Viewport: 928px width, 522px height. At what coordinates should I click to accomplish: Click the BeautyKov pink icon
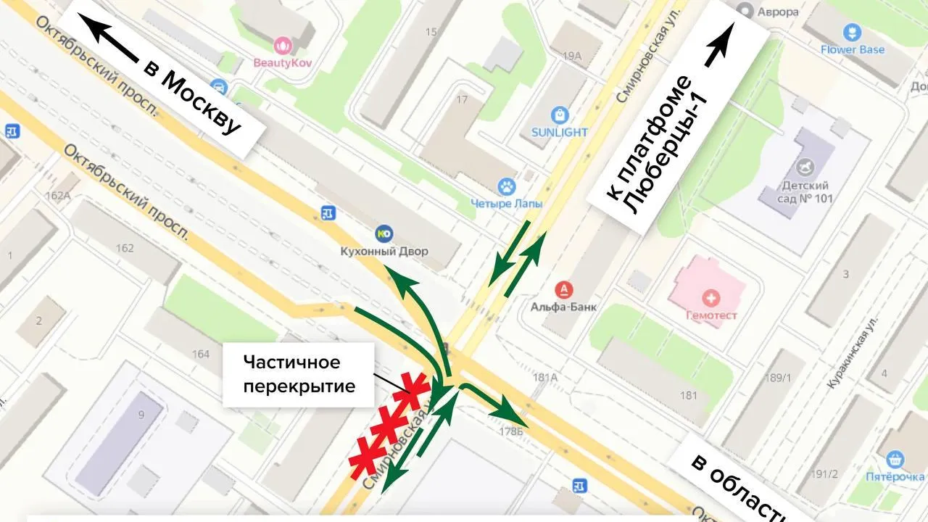coord(282,46)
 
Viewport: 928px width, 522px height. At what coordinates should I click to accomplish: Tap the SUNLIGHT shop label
coord(559,132)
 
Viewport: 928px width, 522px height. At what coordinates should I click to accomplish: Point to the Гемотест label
coord(712,315)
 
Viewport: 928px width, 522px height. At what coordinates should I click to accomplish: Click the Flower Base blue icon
coord(852,33)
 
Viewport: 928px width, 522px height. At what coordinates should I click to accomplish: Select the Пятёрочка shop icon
coord(895,459)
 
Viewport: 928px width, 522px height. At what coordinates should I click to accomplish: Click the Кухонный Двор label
coord(384,251)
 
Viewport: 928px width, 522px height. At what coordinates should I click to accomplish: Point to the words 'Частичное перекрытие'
coord(299,373)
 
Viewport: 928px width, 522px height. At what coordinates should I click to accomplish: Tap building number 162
coord(124,248)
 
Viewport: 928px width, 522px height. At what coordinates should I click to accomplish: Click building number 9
coord(141,415)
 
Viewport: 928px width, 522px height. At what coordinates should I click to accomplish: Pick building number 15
coord(431,32)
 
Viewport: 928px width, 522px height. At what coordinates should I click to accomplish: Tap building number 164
coord(201,354)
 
